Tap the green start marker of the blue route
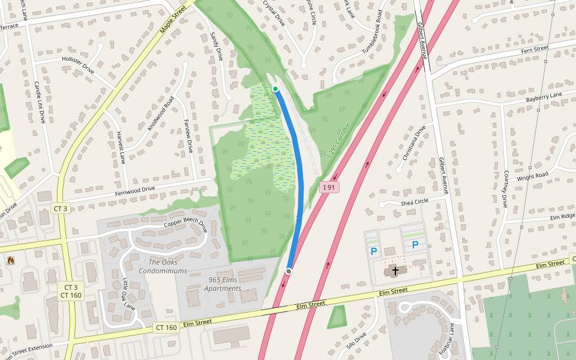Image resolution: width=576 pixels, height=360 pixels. coord(275,89)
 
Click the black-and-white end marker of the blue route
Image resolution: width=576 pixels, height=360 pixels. coord(289,271)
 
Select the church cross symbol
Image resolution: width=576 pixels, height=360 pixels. coord(395,271)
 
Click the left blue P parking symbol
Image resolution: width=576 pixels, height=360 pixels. coord(374,251)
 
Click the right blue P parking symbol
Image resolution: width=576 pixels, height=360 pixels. coord(415,245)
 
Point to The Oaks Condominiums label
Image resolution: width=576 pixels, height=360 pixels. coord(163,266)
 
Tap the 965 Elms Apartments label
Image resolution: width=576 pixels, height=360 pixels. coord(223,284)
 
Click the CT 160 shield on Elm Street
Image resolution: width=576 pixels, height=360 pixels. coord(166,328)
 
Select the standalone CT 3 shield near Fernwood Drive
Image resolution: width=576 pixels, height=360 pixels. coord(61,208)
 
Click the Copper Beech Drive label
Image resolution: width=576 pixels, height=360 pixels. coord(185,227)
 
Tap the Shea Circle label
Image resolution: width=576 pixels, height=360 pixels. coord(415,202)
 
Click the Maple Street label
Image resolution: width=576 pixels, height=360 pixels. coord(174,20)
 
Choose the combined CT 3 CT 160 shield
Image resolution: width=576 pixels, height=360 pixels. coord(71,291)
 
